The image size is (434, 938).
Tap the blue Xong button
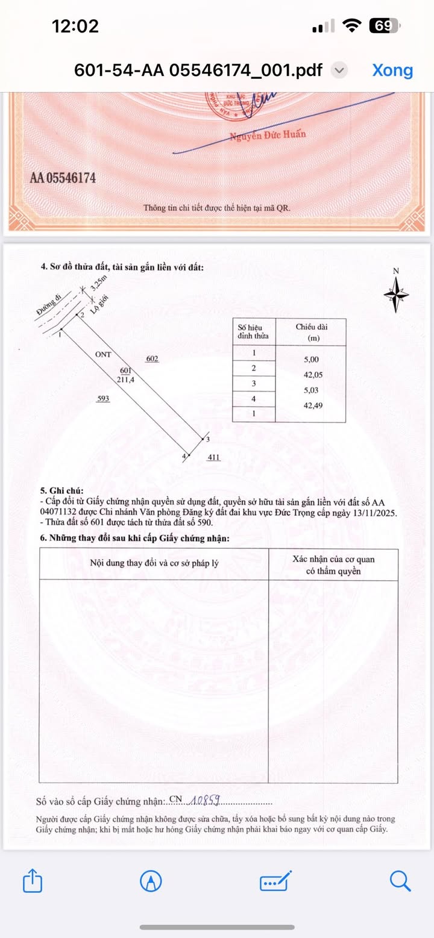[392, 70]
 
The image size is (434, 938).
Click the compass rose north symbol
[397, 294]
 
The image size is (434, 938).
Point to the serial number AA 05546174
[63, 178]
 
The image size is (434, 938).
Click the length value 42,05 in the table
[312, 375]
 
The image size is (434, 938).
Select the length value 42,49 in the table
[312, 405]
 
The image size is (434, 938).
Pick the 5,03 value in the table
[312, 390]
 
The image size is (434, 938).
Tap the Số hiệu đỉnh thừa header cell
[254, 331]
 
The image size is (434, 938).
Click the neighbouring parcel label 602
[153, 359]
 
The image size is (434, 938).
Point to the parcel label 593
[103, 398]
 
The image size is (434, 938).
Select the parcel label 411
[213, 457]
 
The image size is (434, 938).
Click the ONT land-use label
[103, 354]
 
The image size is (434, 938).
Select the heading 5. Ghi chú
[61, 491]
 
